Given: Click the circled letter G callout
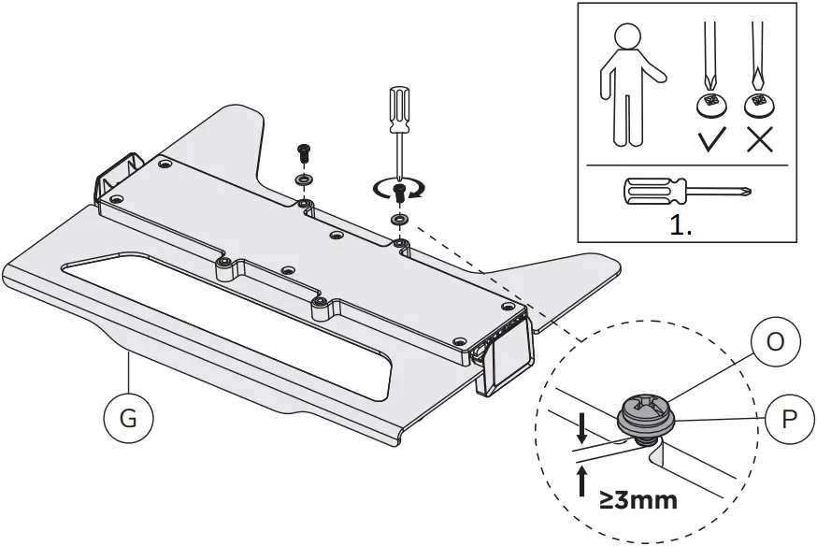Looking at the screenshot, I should (x=128, y=417).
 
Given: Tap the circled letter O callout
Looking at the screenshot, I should (x=775, y=341).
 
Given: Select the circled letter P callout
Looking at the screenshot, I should (x=788, y=419).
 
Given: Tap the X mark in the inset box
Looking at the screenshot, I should (x=758, y=140).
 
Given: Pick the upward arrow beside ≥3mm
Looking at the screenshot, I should (x=583, y=482).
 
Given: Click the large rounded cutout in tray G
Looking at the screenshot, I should (x=224, y=318).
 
